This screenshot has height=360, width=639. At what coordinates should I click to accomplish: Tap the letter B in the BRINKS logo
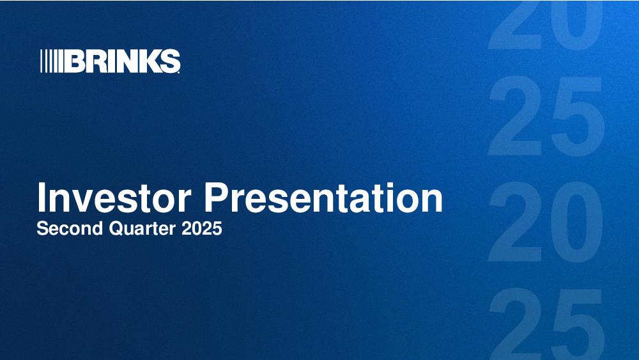[73, 61]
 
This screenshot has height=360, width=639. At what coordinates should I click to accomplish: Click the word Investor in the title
[114, 198]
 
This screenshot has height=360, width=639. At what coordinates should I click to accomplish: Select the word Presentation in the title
[323, 198]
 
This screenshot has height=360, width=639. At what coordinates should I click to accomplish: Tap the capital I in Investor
[41, 198]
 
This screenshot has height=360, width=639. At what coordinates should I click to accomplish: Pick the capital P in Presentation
[217, 198]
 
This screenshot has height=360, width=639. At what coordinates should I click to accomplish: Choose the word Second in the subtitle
[70, 228]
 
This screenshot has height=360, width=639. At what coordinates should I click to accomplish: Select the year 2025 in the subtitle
[202, 228]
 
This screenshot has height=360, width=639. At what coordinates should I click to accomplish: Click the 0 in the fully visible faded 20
[576, 222]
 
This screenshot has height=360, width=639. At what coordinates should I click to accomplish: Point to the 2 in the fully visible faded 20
[515, 222]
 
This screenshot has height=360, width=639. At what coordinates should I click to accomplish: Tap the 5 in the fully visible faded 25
[577, 117]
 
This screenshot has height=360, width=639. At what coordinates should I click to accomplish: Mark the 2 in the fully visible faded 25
[515, 116]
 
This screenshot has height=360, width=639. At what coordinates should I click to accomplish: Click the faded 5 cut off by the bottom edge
[577, 325]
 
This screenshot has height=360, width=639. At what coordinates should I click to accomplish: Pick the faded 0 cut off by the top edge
[576, 24]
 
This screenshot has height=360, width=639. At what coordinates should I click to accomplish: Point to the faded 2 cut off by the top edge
[515, 24]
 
